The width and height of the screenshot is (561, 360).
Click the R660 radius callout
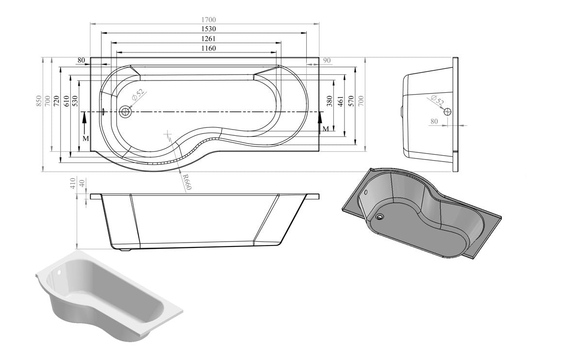click(x=187, y=181)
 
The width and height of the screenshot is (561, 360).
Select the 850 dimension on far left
click(x=38, y=101)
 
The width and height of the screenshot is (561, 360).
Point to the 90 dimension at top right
click(x=327, y=60)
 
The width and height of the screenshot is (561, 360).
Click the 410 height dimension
click(x=73, y=183)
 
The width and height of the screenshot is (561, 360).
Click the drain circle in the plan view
click(x=126, y=112)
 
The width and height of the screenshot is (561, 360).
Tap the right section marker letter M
click(x=326, y=129)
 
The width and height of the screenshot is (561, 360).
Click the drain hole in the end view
click(x=447, y=112)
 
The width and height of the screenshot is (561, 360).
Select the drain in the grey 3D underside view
click(x=379, y=217)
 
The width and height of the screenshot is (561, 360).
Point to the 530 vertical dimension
click(x=75, y=101)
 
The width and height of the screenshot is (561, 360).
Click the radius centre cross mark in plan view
click(x=168, y=132)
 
